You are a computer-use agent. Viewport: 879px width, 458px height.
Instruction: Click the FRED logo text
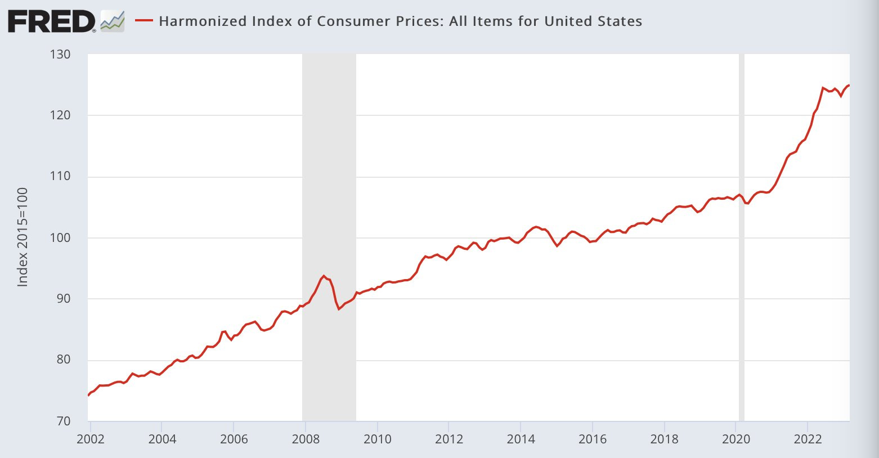[52, 21]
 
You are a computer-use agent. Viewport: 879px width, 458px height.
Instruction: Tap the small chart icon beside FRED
[113, 21]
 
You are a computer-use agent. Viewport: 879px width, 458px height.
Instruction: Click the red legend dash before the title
[145, 21]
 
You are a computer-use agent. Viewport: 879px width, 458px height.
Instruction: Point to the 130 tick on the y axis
[60, 55]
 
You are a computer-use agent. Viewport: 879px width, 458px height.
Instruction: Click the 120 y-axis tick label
[60, 115]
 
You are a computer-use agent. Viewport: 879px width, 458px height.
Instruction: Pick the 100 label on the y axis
[60, 238]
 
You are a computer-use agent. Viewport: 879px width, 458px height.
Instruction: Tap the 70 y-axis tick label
[63, 421]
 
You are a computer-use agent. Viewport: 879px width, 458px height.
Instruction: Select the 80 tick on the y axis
[63, 360]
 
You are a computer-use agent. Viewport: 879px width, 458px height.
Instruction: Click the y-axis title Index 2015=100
[23, 237]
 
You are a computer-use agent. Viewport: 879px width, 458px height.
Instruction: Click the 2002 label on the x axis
[91, 439]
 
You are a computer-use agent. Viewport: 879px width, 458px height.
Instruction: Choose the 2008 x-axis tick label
[306, 439]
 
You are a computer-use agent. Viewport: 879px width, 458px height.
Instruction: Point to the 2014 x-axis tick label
[521, 439]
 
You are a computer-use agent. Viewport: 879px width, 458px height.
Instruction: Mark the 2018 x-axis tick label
[665, 439]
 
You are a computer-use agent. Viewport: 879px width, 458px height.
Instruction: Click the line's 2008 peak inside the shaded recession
[324, 276]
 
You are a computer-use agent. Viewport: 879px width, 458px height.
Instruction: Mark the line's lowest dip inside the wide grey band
[339, 309]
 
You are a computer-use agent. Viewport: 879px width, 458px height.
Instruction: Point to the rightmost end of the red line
[849, 85]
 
